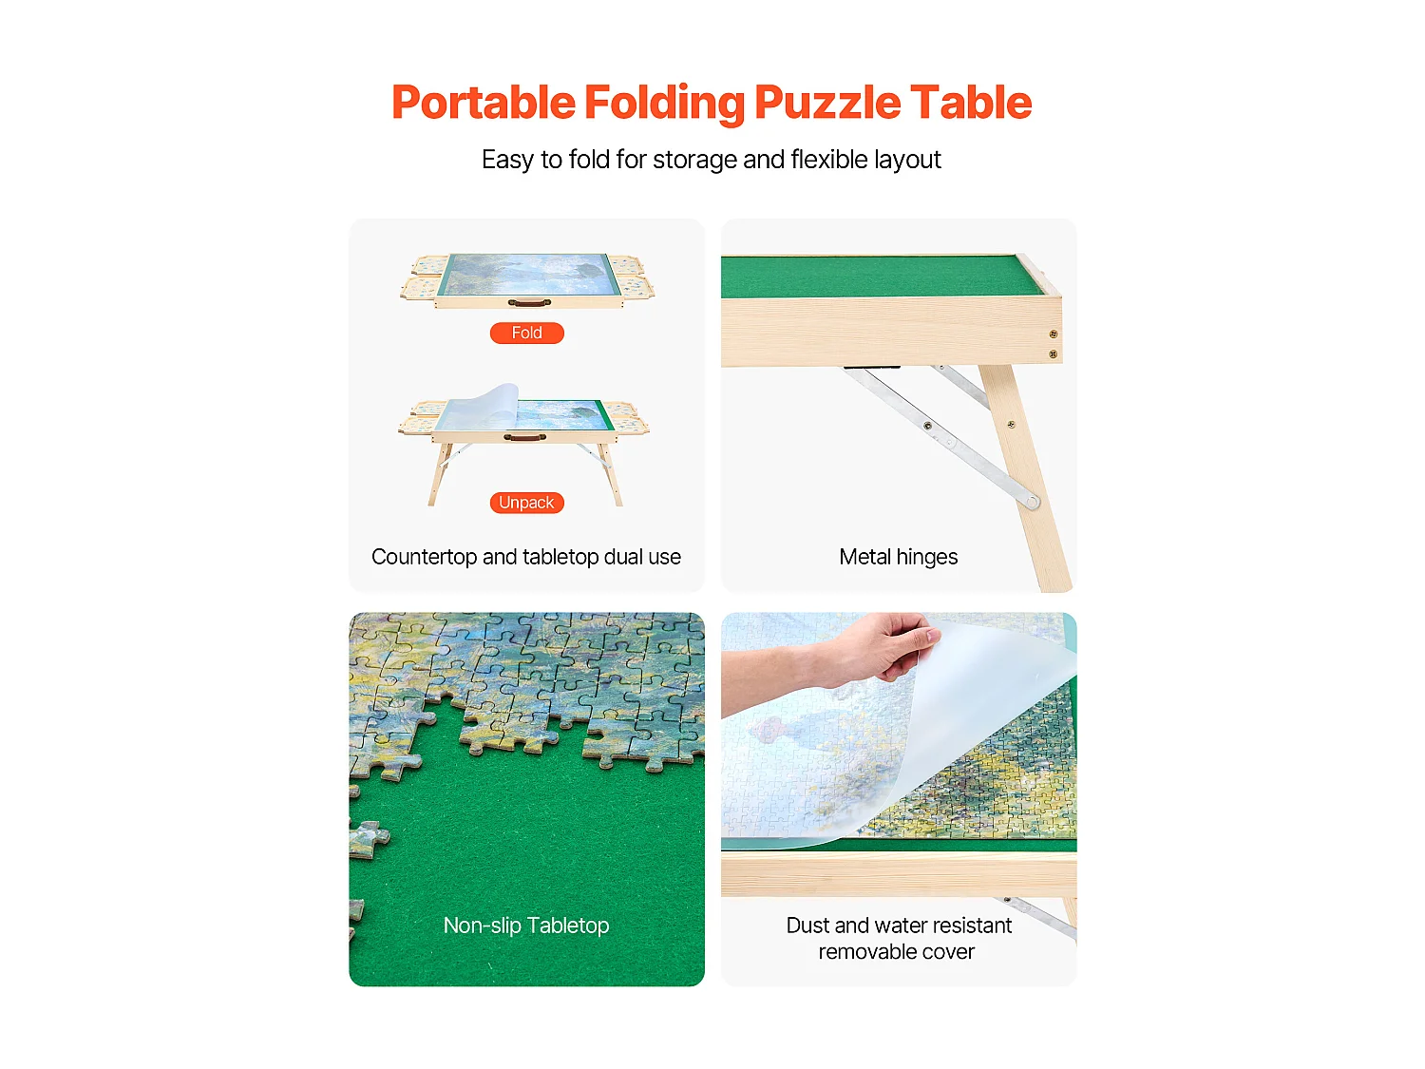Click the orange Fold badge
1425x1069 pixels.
pos(526,333)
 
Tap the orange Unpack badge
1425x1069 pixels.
pos(526,503)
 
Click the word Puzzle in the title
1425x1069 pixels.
pos(826,103)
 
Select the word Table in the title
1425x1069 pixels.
pos(970,103)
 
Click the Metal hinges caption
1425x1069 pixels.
pos(898,557)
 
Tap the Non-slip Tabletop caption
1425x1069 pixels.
pos(526,926)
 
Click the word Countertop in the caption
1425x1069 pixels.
pos(424,557)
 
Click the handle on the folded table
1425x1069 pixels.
pos(529,303)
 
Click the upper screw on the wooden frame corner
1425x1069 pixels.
pos(1053,334)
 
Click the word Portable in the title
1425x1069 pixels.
pos(483,103)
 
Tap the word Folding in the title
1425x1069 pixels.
pos(664,103)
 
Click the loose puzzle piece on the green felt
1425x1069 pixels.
pos(369,838)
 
